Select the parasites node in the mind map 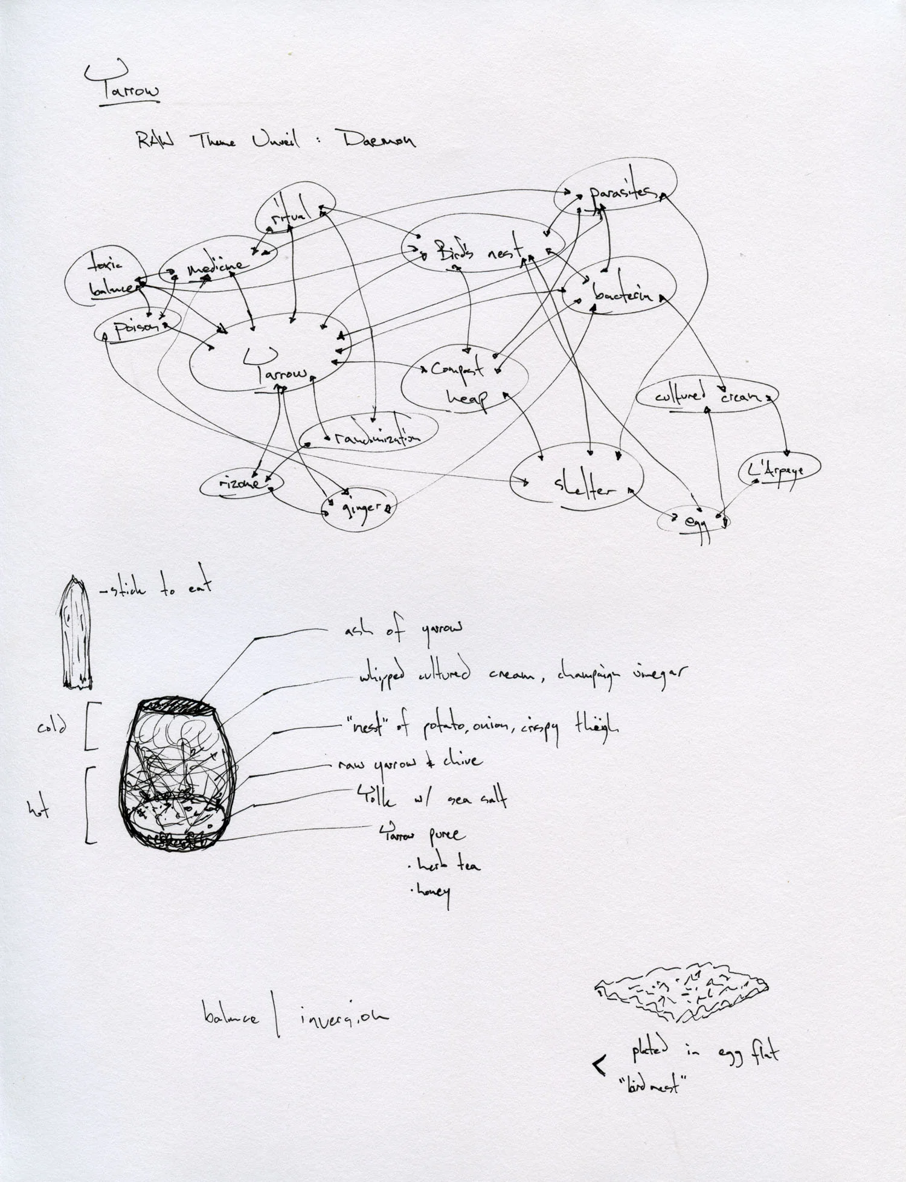(x=622, y=192)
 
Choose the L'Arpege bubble (x=780, y=469)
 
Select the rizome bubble (x=242, y=484)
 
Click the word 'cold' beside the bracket (x=53, y=727)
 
